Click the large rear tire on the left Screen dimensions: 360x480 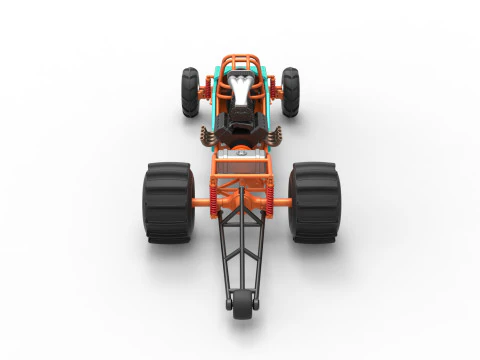coord(166,203)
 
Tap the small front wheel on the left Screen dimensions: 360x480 coord(190,92)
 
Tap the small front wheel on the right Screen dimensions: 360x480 coord(290,92)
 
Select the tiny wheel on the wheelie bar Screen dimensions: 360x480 coord(240,306)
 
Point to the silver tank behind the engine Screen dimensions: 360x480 coord(240,158)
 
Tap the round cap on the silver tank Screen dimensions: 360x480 coord(240,157)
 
